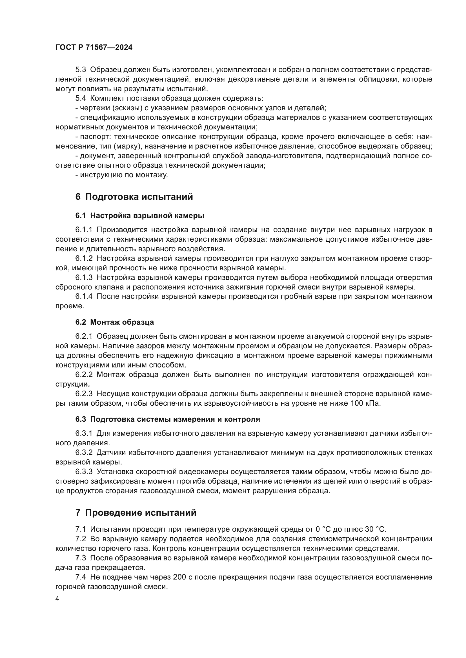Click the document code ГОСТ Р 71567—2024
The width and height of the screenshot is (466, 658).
[94, 48]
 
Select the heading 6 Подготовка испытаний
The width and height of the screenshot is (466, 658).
[134, 197]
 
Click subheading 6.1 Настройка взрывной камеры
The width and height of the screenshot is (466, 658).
[140, 215]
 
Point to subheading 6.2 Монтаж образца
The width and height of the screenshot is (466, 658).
[114, 322]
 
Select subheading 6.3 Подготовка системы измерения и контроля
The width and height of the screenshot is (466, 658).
[168, 419]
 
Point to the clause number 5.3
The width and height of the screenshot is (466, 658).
[81, 70]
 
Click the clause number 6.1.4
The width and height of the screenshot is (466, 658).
[84, 296]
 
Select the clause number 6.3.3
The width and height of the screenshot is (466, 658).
[84, 472]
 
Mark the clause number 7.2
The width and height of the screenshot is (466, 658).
[81, 539]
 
